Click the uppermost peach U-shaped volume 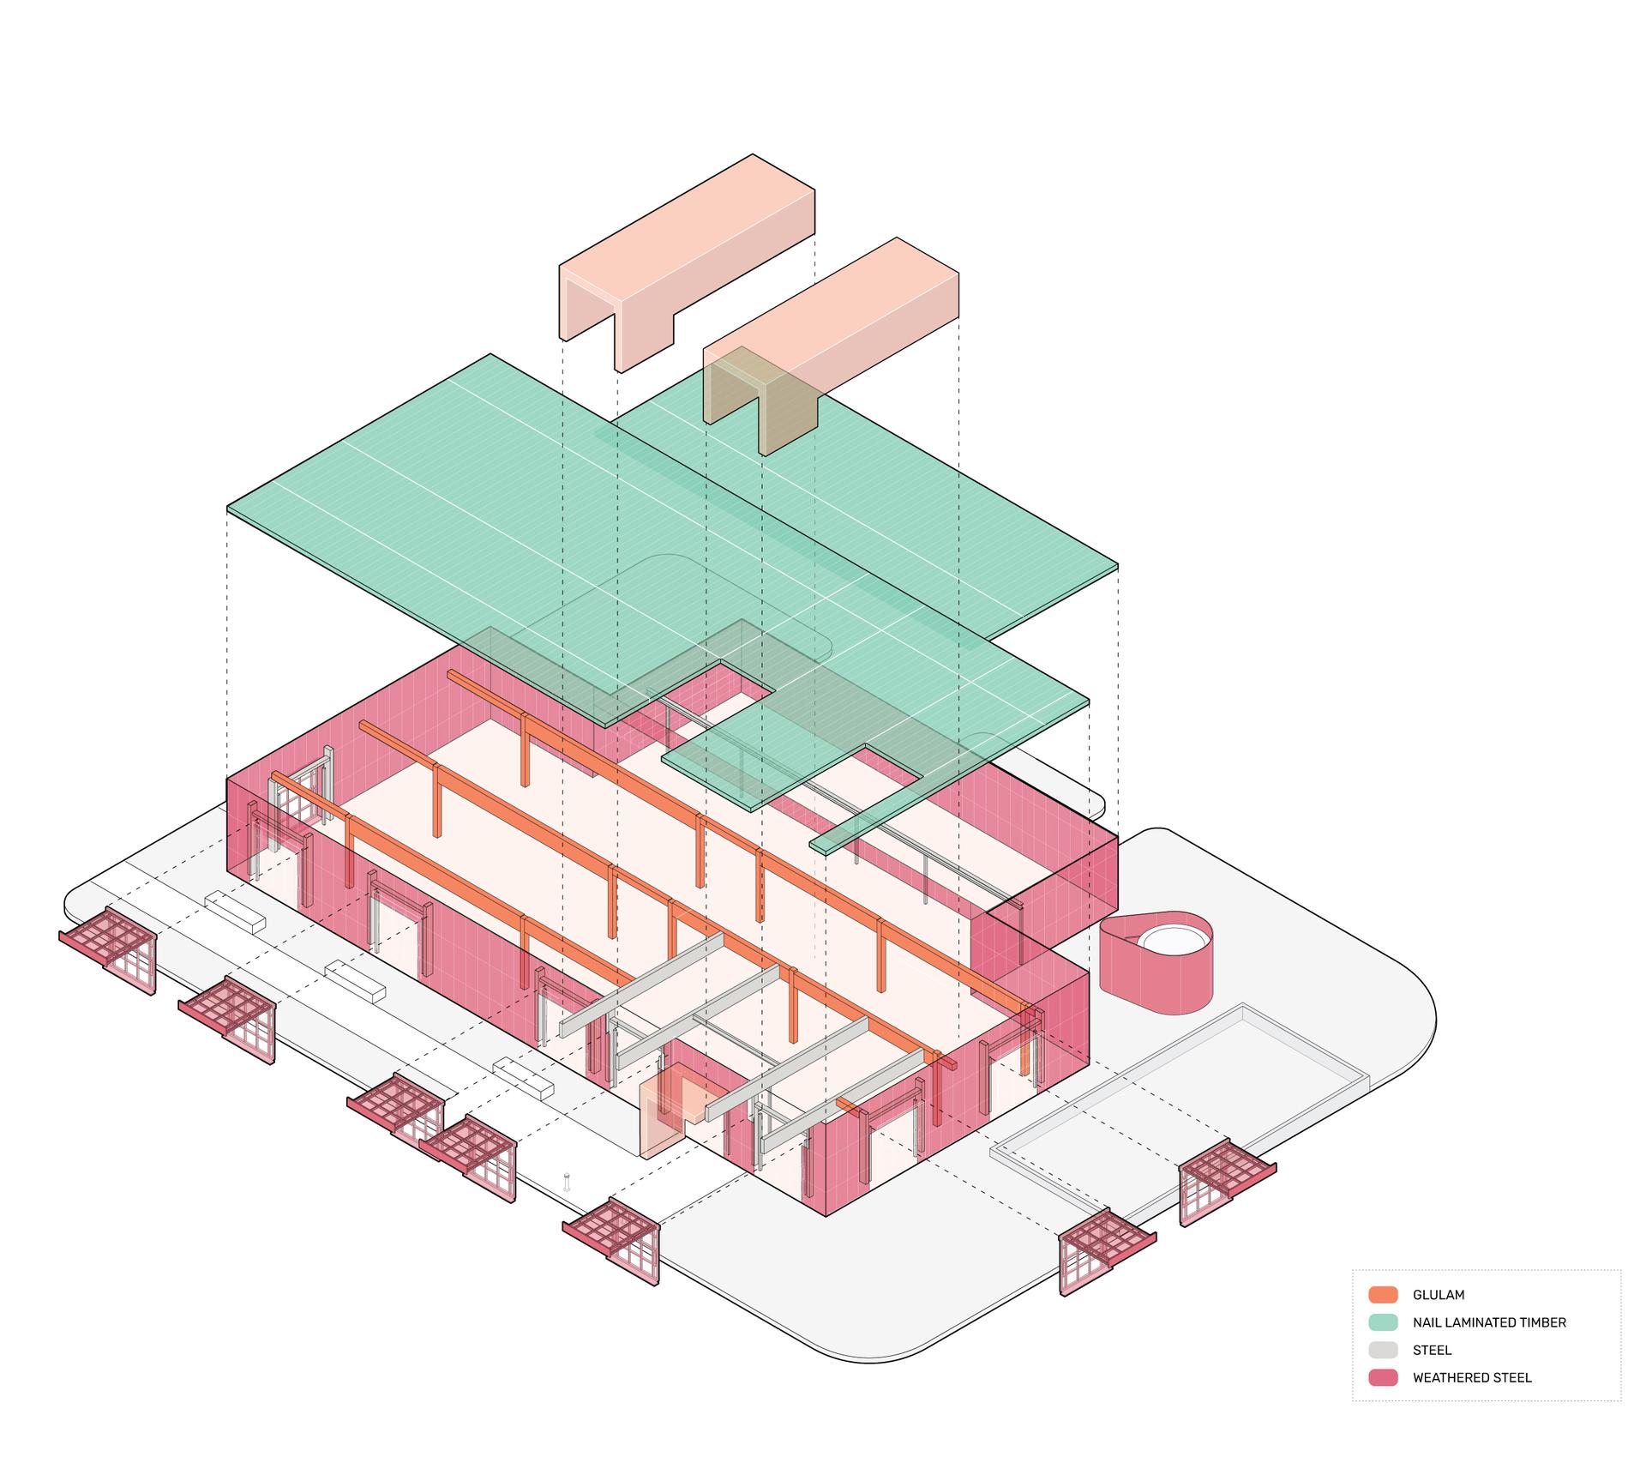(686, 257)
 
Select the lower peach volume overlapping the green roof (832, 343)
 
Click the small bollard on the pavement (566, 1183)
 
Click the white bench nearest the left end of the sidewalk (235, 912)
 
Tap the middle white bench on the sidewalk (355, 983)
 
